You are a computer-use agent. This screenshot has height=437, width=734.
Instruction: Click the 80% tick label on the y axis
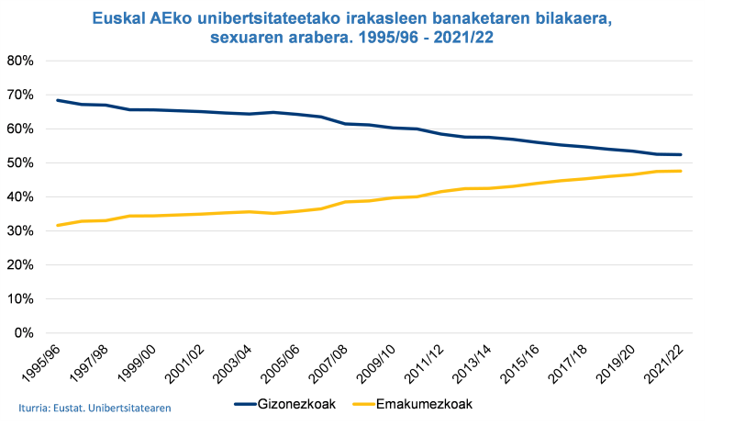coord(20,61)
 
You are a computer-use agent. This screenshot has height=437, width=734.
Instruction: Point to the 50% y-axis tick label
coord(20,162)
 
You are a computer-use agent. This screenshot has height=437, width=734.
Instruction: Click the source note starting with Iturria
coord(95,407)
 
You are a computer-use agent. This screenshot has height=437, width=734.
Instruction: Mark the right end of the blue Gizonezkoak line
coord(680,154)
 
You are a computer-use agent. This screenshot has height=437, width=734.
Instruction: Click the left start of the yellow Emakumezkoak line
coord(58,225)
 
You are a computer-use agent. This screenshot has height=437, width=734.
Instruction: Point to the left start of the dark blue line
coord(58,100)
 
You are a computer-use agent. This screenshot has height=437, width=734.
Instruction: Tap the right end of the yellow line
coord(680,171)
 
